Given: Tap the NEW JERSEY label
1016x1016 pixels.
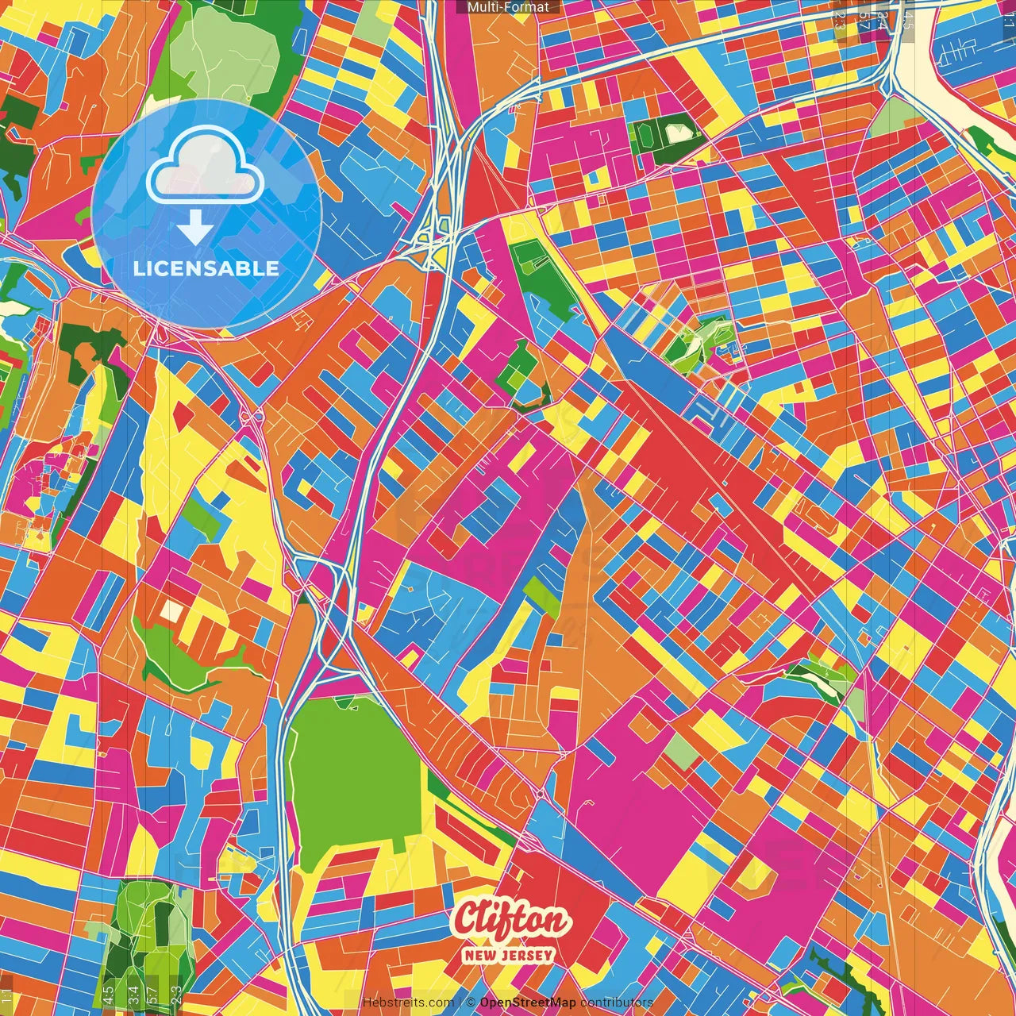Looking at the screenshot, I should click(x=510, y=956).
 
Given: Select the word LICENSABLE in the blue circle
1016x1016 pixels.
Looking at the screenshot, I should click(x=206, y=268).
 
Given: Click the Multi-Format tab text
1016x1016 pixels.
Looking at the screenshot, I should click(x=508, y=7).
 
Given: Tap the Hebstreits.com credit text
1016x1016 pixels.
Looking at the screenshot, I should click(x=408, y=1003).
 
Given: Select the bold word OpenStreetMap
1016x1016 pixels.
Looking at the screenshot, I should click(x=528, y=1003).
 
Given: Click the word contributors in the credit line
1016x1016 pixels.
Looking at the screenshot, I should click(x=617, y=1003).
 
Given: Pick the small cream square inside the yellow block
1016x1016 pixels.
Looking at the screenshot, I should click(x=171, y=610).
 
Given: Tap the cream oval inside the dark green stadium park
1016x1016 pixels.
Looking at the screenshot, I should click(x=677, y=133).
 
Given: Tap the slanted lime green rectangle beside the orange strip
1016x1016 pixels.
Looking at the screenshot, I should click(x=542, y=597).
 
